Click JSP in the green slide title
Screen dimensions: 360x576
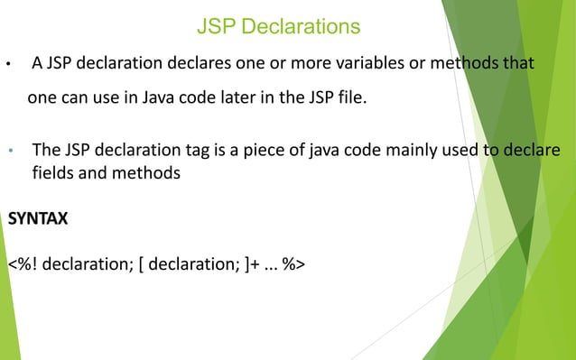(215, 27)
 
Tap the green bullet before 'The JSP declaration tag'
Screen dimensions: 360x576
(9, 150)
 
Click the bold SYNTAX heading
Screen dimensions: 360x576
(38, 219)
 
